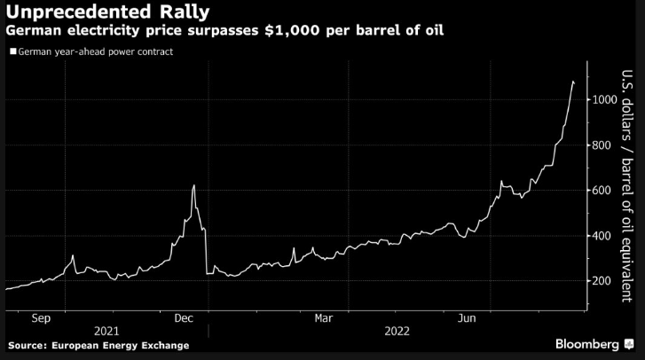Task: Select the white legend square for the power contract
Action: click(x=12, y=52)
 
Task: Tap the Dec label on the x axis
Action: click(x=185, y=317)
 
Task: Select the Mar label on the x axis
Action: click(x=323, y=317)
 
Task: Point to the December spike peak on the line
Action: click(x=193, y=185)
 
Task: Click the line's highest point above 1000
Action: click(x=573, y=82)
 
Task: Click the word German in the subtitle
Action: click(x=30, y=32)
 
